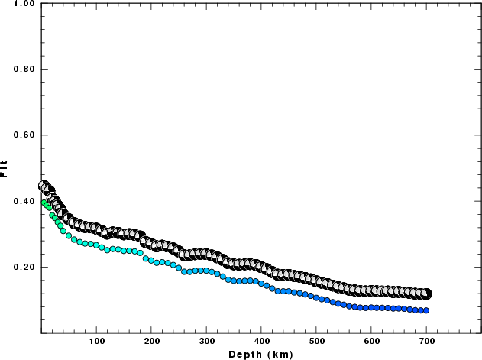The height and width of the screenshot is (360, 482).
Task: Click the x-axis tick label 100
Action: [97, 342]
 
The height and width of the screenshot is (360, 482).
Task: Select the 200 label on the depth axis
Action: [152, 342]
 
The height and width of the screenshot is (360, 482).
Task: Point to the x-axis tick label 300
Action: [207, 342]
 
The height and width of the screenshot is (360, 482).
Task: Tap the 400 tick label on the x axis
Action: [262, 342]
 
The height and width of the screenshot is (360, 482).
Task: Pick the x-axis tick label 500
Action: [317, 342]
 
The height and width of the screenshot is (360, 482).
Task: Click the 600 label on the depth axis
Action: [372, 342]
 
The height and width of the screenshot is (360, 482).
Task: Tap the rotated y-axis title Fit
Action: [5, 168]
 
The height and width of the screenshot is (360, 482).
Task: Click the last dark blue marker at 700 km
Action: [426, 310]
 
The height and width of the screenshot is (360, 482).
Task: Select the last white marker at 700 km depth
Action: [426, 294]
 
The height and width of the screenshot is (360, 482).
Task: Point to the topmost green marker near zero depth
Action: [44, 202]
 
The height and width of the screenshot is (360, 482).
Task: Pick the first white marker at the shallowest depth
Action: [43, 186]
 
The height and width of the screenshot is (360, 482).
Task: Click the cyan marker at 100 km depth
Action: [97, 245]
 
